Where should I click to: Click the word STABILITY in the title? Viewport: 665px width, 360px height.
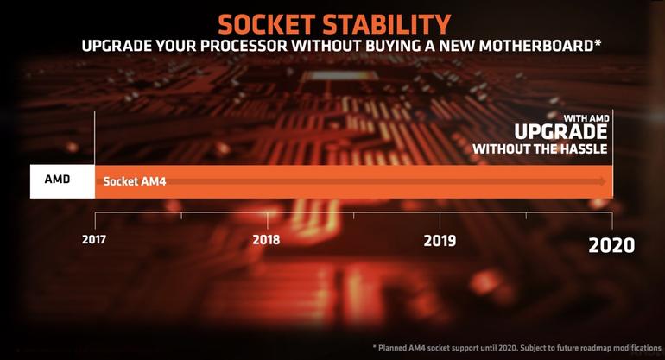pyautogui.click(x=387, y=24)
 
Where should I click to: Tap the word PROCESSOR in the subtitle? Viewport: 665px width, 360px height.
pyautogui.click(x=243, y=46)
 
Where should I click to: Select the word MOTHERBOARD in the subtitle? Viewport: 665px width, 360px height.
pyautogui.click(x=536, y=46)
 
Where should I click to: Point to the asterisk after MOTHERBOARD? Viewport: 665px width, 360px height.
pyautogui.click(x=598, y=43)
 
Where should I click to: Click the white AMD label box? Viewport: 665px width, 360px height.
pyautogui.click(x=62, y=181)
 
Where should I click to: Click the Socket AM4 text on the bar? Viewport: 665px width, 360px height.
pyautogui.click(x=135, y=181)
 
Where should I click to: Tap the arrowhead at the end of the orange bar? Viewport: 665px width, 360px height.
pyautogui.click(x=602, y=182)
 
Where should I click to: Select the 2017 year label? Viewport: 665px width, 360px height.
pyautogui.click(x=94, y=239)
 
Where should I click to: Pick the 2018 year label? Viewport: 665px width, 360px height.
pyautogui.click(x=266, y=240)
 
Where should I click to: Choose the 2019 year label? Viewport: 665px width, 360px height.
pyautogui.click(x=440, y=240)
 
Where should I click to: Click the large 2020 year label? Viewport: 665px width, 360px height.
pyautogui.click(x=611, y=245)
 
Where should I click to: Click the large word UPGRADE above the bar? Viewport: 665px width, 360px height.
pyautogui.click(x=560, y=132)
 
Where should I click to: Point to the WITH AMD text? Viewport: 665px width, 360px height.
pyautogui.click(x=586, y=118)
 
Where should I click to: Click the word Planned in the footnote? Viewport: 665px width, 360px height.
pyautogui.click(x=393, y=348)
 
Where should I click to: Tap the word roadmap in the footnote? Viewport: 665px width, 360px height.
pyautogui.click(x=597, y=348)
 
